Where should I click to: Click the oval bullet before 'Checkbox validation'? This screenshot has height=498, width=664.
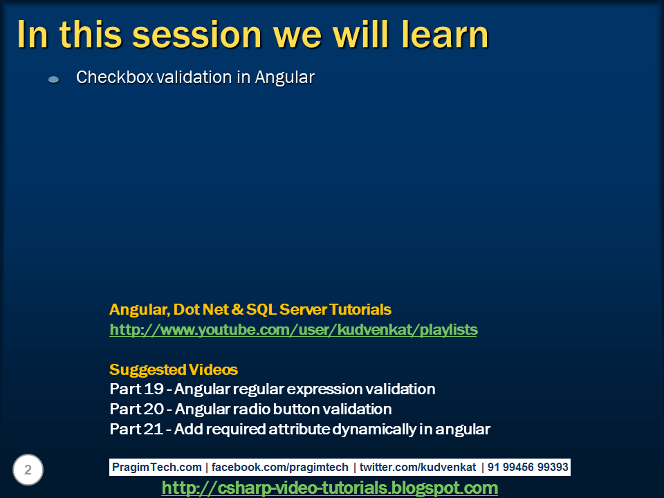click(54, 80)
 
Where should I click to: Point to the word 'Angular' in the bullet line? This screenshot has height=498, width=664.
click(285, 77)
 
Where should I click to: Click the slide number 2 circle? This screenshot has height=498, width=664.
click(28, 470)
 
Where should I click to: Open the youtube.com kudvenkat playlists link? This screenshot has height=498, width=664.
click(293, 330)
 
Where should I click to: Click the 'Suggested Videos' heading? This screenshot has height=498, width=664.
click(174, 369)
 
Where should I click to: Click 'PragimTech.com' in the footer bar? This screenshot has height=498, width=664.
click(158, 468)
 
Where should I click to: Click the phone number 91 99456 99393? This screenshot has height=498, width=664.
click(528, 468)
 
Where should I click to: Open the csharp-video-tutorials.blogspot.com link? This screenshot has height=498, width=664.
click(329, 488)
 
